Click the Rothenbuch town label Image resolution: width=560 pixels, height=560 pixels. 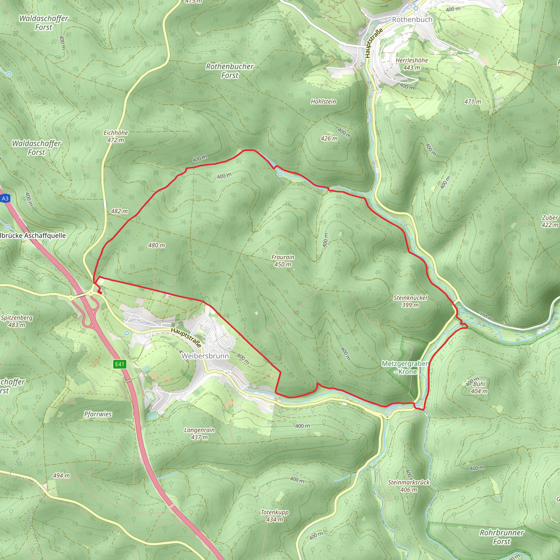412,20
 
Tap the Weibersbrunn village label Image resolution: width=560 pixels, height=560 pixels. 205,356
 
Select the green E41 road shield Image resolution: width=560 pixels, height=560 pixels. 120,364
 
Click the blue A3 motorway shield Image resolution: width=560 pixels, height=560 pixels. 5,199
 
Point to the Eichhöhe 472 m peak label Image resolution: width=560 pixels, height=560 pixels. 116,136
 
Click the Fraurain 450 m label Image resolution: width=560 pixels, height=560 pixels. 283,261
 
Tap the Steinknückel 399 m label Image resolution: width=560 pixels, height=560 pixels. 410,301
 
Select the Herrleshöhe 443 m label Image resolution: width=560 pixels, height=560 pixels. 412,64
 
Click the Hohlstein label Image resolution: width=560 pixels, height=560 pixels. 323,101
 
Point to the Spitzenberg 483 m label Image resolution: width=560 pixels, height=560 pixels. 17,321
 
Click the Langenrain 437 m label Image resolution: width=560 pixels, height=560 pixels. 199,433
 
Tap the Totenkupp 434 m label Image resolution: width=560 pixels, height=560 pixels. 275,516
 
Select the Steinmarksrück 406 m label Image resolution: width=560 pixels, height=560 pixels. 409,486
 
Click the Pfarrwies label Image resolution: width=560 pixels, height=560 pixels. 98,414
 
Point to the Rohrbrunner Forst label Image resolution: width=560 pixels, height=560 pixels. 501,537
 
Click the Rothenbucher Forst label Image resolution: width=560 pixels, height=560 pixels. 230,71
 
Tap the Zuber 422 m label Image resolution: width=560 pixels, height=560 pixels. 550,221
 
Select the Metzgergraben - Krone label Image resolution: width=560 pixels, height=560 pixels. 405,367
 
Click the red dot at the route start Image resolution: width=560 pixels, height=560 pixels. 100,293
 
